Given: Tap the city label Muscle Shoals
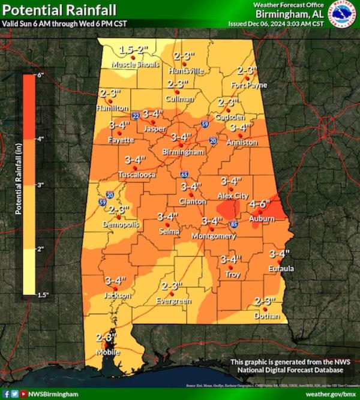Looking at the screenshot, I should (x=139, y=64).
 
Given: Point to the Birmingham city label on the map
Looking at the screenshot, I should (x=183, y=152).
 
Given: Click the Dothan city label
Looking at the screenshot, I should (x=266, y=315).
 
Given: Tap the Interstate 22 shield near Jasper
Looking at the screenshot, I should (x=136, y=115).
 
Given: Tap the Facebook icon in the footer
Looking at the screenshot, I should (x=6, y=394).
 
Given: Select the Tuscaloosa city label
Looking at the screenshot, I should (x=137, y=175).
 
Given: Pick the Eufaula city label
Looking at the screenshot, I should (x=281, y=268).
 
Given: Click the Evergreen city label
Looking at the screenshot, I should (x=173, y=300).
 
